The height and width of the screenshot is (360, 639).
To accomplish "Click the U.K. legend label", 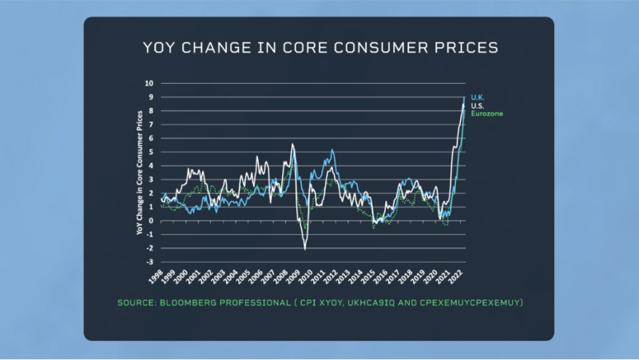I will [x=478, y=97].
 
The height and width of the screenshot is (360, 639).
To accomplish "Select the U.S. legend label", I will [x=478, y=105].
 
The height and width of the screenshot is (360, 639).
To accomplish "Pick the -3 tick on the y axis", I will [x=149, y=262].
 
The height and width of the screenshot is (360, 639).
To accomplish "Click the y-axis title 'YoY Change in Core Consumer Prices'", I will [x=141, y=171].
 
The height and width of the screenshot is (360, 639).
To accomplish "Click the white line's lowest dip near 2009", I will [x=304, y=249].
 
